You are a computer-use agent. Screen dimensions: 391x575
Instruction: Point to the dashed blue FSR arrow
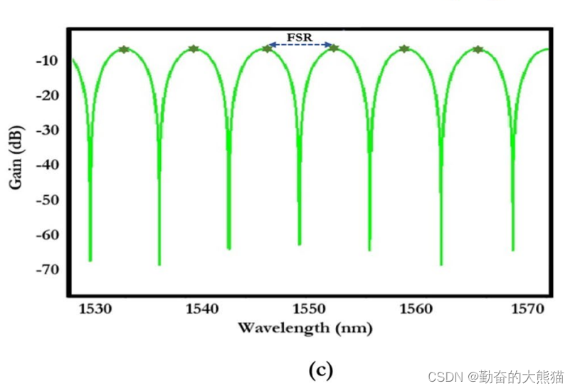(x=300, y=45)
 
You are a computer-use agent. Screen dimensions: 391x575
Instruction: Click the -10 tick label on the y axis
(x=46, y=61)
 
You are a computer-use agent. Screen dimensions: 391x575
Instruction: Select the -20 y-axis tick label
(x=46, y=96)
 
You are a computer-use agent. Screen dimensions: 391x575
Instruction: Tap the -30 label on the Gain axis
(x=46, y=131)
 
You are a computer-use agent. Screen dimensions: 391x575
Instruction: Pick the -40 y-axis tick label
(x=46, y=165)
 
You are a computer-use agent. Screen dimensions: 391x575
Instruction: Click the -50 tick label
(x=46, y=200)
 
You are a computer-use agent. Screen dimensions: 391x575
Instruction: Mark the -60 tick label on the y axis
(x=46, y=235)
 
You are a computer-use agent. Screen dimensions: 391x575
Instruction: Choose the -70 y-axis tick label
(x=46, y=269)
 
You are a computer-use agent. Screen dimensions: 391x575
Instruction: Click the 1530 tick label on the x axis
(x=94, y=309)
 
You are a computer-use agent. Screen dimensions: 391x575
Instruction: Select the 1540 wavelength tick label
(x=201, y=309)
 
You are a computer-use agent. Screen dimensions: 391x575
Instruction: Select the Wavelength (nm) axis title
(x=305, y=328)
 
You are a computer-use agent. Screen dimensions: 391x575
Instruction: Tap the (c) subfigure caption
(x=320, y=370)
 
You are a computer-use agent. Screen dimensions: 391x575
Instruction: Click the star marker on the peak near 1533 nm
(x=124, y=49)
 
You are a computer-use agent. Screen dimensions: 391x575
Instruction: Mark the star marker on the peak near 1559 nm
(x=404, y=49)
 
